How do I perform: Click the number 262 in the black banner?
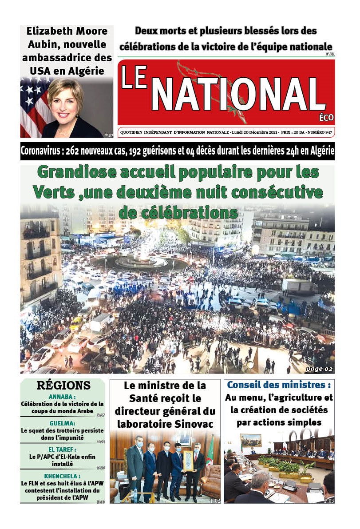[x=74, y=151]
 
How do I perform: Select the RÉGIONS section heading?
[x=63, y=386]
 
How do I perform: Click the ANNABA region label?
[x=63, y=397]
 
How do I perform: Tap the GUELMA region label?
[x=63, y=423]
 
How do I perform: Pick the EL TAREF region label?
[x=63, y=449]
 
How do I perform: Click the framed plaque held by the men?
[x=188, y=461]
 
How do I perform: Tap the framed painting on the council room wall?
[x=251, y=440]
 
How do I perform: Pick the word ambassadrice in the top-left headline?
[x=67, y=57]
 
